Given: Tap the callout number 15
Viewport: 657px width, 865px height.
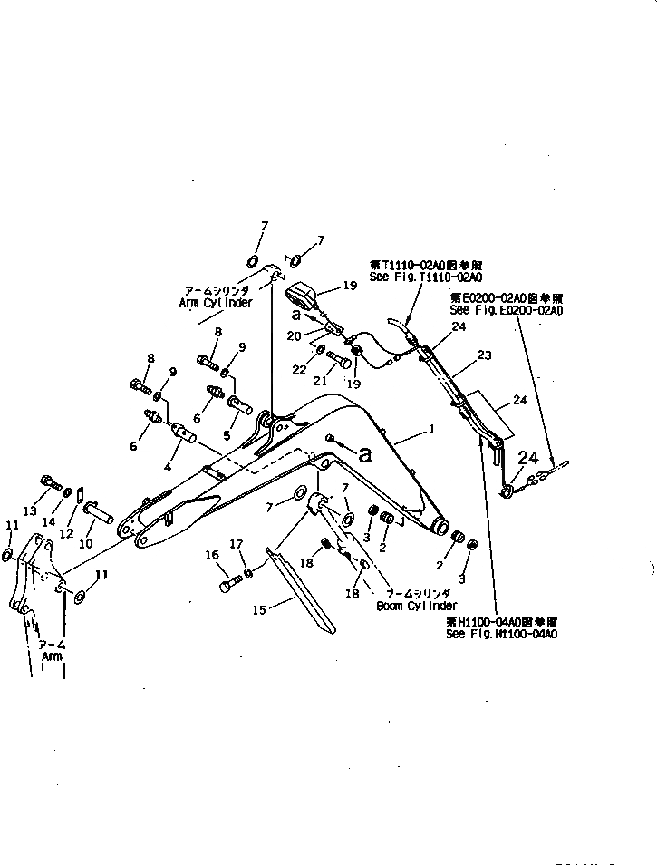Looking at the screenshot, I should coord(260,610).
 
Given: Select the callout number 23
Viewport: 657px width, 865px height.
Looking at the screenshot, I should coord(484,355).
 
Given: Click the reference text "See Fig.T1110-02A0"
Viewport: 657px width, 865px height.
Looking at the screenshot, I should coord(425,276).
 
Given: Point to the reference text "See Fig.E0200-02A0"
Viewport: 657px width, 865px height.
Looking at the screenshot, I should coord(506,309).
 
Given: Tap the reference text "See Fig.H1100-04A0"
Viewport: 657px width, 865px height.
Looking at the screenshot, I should coord(501,634).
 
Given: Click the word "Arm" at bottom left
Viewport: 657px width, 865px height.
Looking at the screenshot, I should coord(52,656).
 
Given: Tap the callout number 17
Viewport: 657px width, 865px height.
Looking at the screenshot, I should coord(237,544).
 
